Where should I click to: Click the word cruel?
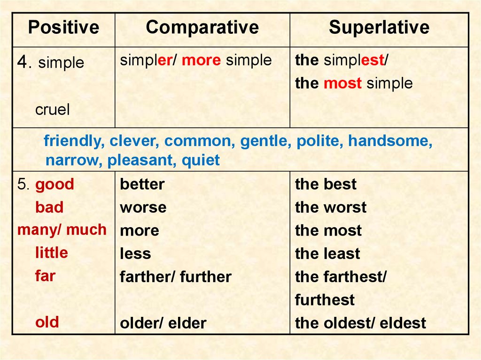pos(52,110)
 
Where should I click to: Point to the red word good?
pos(54,184)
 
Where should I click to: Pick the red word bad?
pos(49,207)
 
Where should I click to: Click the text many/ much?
pos(62,230)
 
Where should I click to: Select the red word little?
pos(51,253)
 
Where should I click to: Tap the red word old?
pos(47,322)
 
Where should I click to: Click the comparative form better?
pos(142,184)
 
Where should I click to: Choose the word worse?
pos(143,207)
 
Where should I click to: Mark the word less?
pos(135,254)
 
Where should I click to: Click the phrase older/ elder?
pos(163,323)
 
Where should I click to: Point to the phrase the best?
pos(326,184)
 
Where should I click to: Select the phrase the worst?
pos(331,207)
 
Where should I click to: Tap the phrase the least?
pos(327,254)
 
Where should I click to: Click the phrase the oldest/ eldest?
pos(360,323)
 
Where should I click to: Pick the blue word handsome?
pos(390,141)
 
